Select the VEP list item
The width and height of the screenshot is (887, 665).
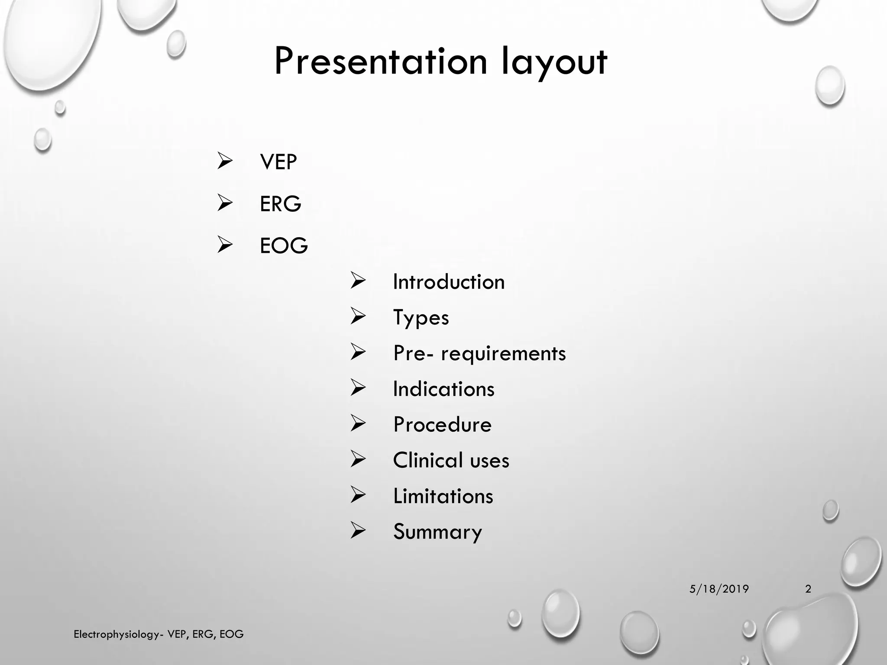coord(278,162)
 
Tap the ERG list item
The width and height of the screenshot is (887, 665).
coord(280,204)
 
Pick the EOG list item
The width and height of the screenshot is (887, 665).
coord(284,245)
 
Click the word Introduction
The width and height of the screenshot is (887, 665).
coord(449,282)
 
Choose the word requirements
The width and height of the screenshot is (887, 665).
coord(503,354)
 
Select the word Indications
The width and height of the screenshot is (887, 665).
coord(443,389)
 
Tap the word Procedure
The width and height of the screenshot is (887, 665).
coord(442,425)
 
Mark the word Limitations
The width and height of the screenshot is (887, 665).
coord(443,496)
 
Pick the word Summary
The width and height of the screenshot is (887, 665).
coord(437,532)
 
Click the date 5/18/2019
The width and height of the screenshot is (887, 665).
coord(719,589)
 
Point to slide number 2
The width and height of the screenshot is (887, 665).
coord(808,589)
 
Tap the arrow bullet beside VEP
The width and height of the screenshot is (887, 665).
coord(225,161)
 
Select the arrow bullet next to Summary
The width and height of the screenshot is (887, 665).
coord(358,530)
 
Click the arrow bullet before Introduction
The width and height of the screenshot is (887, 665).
coord(358,281)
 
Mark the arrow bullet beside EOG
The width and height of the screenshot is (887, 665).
coord(225,245)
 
